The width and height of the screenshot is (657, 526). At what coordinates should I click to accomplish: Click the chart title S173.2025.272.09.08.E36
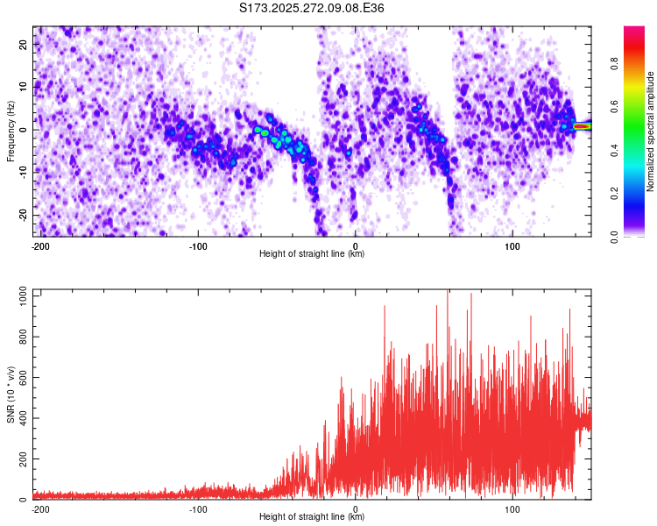pos(312,8)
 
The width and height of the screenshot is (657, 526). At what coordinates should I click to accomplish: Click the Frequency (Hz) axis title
pos(11,131)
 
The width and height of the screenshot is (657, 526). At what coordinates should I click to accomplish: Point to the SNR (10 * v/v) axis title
pos(11,394)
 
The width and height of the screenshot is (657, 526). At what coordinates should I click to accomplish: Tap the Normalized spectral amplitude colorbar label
pos(651,131)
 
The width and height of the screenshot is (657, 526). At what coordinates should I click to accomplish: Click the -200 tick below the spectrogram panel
pos(39,245)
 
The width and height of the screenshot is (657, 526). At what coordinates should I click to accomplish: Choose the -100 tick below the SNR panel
pos(197,508)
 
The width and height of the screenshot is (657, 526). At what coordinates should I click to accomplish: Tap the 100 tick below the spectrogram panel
pos(512,245)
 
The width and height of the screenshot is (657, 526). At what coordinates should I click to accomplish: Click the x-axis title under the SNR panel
pos(312,517)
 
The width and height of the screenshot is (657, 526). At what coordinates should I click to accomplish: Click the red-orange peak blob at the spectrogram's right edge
pos(581,126)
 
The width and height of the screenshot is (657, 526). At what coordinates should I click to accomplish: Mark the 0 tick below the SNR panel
pos(355,508)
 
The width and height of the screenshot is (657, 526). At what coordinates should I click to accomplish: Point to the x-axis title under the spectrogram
pos(312,253)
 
